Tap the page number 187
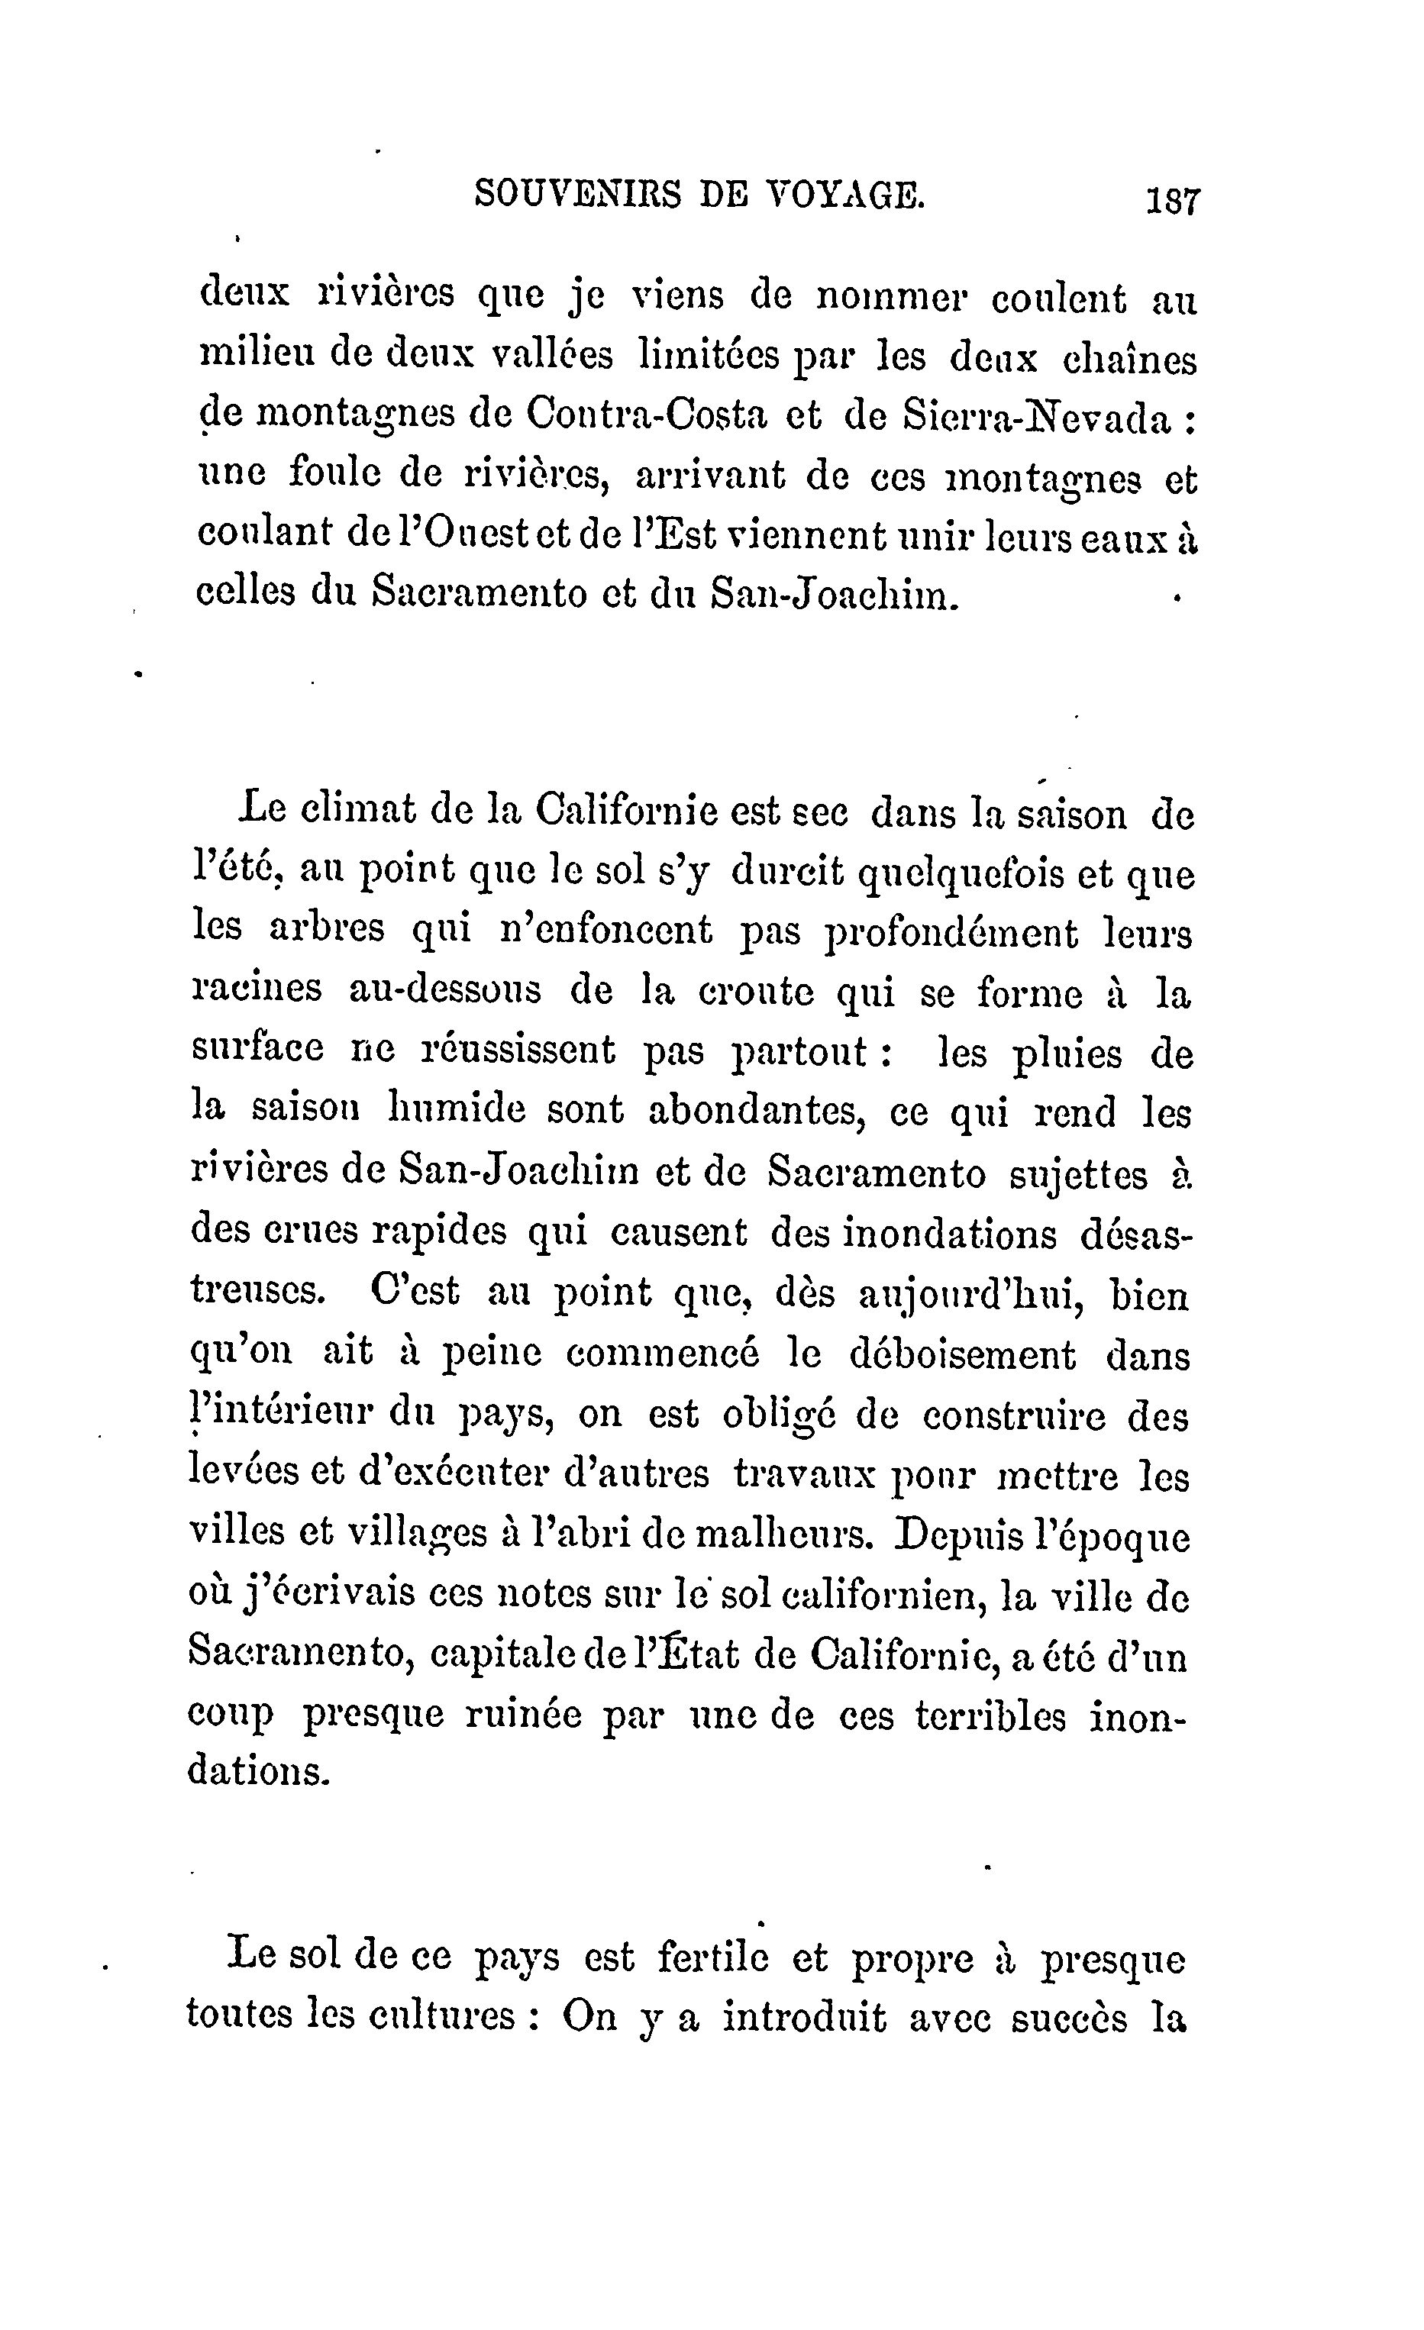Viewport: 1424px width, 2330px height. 1173,202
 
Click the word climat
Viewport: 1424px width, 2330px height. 357,812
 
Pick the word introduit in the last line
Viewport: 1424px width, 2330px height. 805,2019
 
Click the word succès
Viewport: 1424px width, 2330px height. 1068,2019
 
